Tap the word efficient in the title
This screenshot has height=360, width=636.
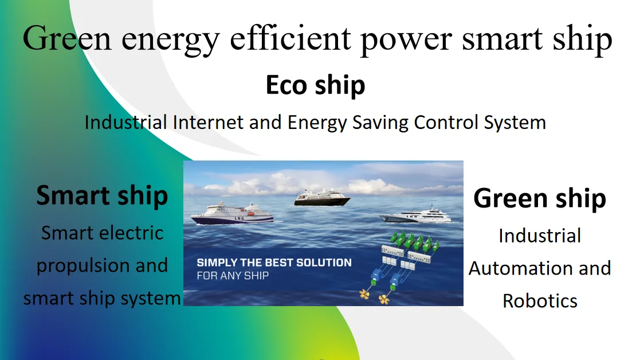(290, 38)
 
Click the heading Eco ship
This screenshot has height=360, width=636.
(316, 85)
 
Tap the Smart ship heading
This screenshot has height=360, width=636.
(102, 195)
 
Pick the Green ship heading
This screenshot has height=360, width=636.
(540, 199)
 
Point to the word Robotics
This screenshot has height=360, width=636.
(540, 301)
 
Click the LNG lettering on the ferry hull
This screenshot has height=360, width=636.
(240, 218)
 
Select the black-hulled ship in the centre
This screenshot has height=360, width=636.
(322, 198)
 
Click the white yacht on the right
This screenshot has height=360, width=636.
(415, 215)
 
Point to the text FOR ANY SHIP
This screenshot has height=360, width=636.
(233, 276)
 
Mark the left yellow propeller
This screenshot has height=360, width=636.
(364, 294)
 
